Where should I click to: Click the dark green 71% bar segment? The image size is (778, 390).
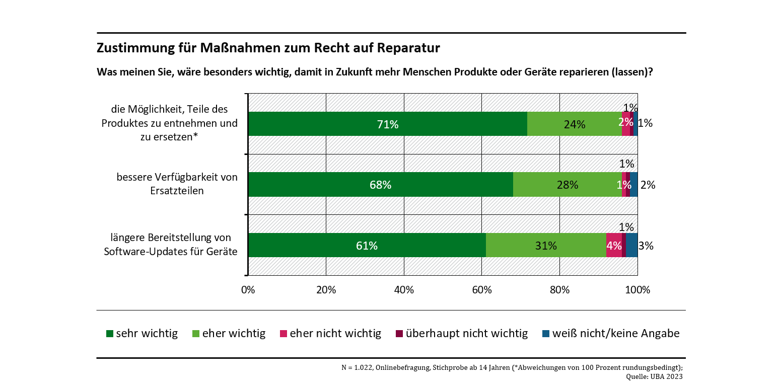tap(387, 124)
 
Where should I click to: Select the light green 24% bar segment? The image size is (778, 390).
tap(574, 124)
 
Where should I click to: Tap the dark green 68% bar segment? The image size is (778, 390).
tap(380, 185)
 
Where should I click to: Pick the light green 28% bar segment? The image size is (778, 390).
tap(567, 185)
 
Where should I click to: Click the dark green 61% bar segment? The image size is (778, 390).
tap(367, 246)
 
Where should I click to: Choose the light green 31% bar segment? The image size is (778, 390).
tap(546, 246)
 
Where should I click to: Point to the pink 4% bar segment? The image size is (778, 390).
tap(614, 246)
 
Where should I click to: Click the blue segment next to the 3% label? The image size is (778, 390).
tap(632, 246)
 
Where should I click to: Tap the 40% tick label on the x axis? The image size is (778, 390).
tap(404, 290)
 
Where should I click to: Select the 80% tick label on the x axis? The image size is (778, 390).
tap(559, 290)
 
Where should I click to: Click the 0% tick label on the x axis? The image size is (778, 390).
tap(248, 290)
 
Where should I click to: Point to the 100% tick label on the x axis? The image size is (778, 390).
tap(638, 290)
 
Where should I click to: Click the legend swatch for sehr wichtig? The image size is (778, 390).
tap(110, 334)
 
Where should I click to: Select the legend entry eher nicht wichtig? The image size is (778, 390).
tap(335, 334)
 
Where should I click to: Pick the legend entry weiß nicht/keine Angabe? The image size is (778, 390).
tap(616, 334)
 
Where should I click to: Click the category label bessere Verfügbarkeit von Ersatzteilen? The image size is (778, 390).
tap(177, 184)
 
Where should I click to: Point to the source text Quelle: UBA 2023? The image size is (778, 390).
tap(654, 376)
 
